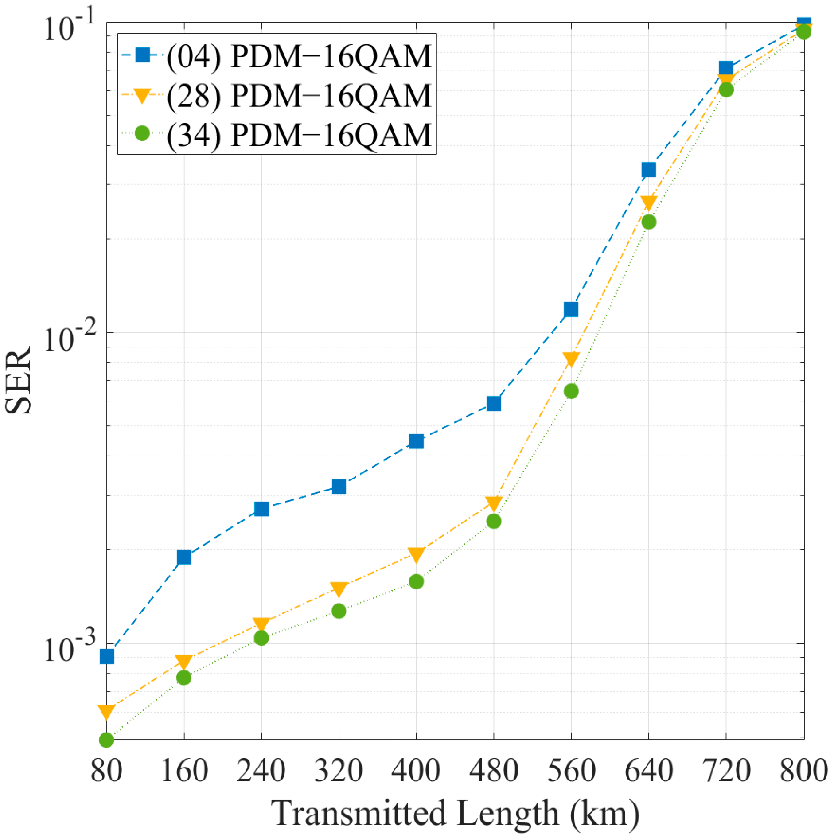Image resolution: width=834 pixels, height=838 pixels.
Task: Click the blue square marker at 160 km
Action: click(x=184, y=557)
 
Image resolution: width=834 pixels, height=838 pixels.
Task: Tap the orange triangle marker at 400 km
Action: click(x=416, y=553)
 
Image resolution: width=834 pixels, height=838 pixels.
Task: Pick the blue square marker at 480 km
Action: click(x=494, y=403)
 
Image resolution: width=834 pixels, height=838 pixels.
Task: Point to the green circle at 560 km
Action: click(x=571, y=391)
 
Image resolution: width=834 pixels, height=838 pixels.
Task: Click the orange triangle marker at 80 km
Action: click(x=106, y=712)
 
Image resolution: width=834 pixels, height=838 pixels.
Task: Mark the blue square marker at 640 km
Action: click(x=648, y=169)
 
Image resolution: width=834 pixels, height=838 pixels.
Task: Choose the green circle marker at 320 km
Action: click(x=339, y=611)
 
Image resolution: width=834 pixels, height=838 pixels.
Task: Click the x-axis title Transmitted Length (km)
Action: click(x=455, y=813)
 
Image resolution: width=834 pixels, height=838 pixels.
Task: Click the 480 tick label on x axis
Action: click(x=494, y=770)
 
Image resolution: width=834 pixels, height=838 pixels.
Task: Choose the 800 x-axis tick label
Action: click(x=803, y=770)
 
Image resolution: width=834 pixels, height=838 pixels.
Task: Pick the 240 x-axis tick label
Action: click(x=261, y=770)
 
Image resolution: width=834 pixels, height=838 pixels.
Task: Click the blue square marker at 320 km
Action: click(x=339, y=487)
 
